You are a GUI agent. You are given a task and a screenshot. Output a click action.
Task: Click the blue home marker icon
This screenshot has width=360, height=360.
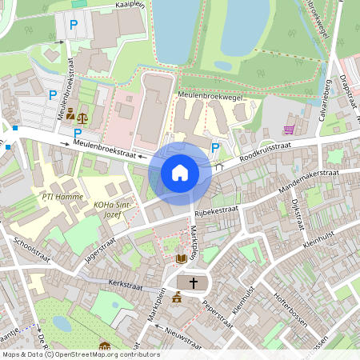180,172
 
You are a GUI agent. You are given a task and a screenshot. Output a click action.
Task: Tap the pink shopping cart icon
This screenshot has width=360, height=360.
288,130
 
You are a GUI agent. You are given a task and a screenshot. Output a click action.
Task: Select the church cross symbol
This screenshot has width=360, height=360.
192,282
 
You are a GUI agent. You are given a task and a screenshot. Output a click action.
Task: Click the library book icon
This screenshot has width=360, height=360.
181,258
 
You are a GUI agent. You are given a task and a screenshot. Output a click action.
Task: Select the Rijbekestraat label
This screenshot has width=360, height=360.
216,210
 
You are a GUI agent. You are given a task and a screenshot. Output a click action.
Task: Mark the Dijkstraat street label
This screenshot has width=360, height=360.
298,214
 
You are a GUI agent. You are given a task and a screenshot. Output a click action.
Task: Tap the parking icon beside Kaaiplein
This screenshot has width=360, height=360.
74,26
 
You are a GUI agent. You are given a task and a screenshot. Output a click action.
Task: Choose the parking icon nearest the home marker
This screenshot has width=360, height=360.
215,146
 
